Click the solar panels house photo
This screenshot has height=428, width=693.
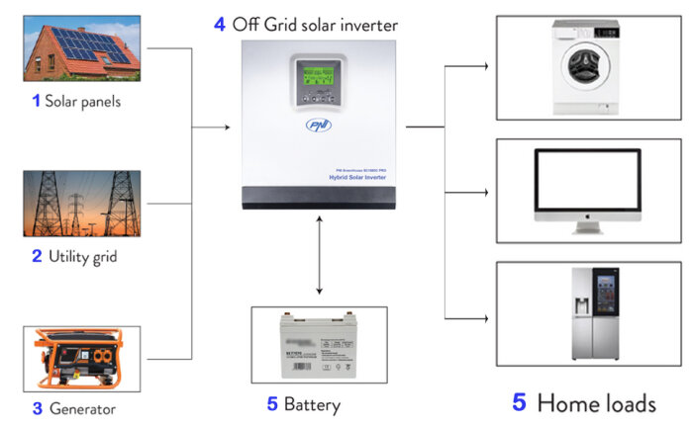coord(81,45)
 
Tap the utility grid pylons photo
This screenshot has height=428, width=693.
coord(81,204)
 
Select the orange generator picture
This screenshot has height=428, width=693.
coord(81,359)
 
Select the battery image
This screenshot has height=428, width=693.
coord(319,347)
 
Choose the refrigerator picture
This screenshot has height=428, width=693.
coord(581,312)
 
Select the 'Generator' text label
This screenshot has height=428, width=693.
coord(80,408)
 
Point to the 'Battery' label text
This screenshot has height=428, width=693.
coord(312,404)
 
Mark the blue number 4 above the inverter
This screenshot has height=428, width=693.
coord(220,25)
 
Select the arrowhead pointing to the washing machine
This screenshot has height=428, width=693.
coord(484,67)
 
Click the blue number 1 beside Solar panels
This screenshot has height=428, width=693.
coord(37,101)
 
